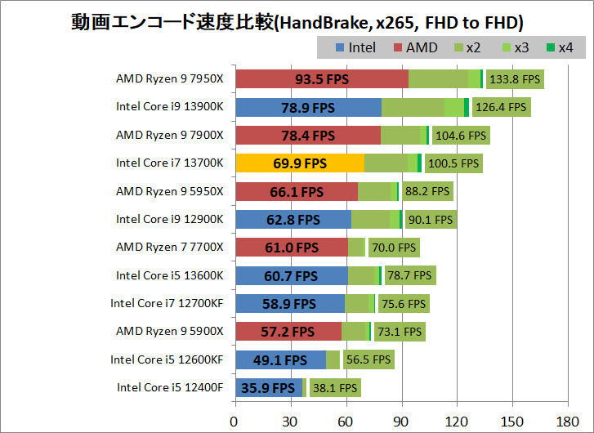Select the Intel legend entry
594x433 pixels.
(355, 47)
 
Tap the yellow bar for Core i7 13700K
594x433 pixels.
(299, 163)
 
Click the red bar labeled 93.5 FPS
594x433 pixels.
(321, 79)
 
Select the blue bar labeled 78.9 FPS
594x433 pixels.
(308, 107)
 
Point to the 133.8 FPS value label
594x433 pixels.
(515, 79)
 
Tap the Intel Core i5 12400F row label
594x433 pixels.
(169, 387)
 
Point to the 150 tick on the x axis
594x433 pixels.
(511, 422)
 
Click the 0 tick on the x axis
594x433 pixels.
(235, 422)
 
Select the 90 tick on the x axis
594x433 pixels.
(401, 422)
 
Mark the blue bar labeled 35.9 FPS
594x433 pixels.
(268, 388)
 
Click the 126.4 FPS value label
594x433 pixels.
(501, 107)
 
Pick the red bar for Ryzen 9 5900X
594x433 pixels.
(288, 332)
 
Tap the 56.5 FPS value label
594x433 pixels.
(369, 359)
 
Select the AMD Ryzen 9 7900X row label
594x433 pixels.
(169, 135)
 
